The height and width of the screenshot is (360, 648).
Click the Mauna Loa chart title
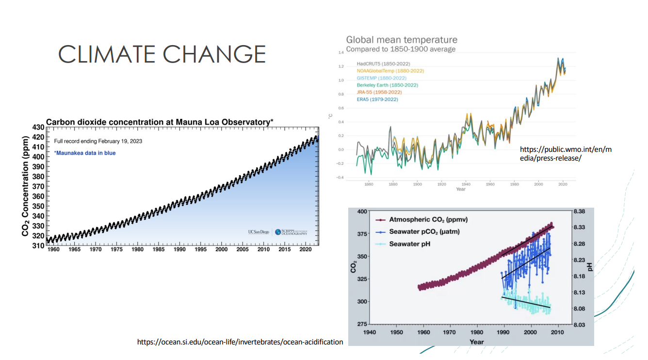coord(160,122)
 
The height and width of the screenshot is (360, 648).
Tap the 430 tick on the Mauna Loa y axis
coord(38,127)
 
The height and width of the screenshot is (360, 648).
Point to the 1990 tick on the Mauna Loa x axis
coord(179,249)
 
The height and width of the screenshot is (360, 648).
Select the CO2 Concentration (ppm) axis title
coord(26,185)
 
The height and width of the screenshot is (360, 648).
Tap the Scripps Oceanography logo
coord(291,232)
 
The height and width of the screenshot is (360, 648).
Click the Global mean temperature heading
coord(402,40)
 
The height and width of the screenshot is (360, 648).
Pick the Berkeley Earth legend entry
coord(387,85)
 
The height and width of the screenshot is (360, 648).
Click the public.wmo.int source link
coord(566,154)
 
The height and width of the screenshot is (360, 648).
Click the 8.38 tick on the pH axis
coord(579,212)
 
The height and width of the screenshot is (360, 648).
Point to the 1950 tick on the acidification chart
coord(397,333)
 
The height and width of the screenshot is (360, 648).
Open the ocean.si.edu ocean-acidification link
coord(240,342)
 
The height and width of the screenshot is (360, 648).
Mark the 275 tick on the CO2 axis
coord(362,324)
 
